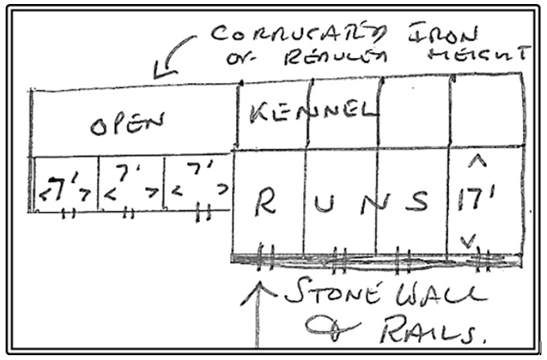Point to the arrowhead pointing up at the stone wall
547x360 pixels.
[259, 287]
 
